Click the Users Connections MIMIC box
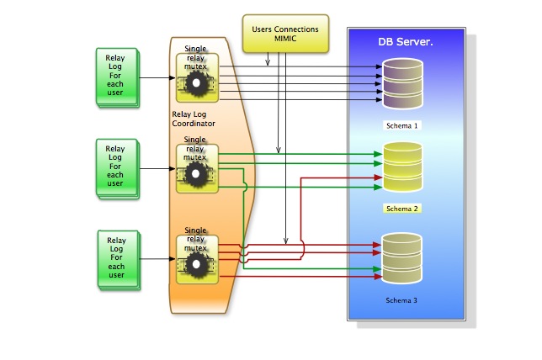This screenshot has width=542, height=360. coord(285,34)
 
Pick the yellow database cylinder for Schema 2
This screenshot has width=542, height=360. coord(402,167)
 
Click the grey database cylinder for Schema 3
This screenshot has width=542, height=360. coord(402,257)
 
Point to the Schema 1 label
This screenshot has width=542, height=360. coord(402,125)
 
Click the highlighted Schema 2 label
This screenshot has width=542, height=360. coord(402,208)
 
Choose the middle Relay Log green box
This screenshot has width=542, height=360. coord(115,167)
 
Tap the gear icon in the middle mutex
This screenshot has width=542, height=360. coord(197,173)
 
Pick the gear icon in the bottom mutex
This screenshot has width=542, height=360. coord(197,265)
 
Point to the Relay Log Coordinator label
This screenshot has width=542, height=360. coord(194,119)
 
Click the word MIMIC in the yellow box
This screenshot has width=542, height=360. coord(286,40)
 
